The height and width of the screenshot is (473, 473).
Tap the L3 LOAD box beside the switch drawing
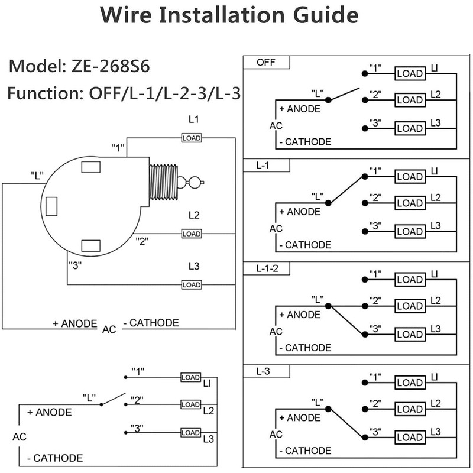pos(192,285)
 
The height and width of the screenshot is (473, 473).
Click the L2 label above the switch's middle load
pos(193,215)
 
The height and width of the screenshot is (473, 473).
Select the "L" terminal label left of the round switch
pos(38,175)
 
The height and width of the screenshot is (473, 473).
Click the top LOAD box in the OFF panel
pos(410,74)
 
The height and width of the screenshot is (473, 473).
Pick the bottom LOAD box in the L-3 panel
pos(410,438)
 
